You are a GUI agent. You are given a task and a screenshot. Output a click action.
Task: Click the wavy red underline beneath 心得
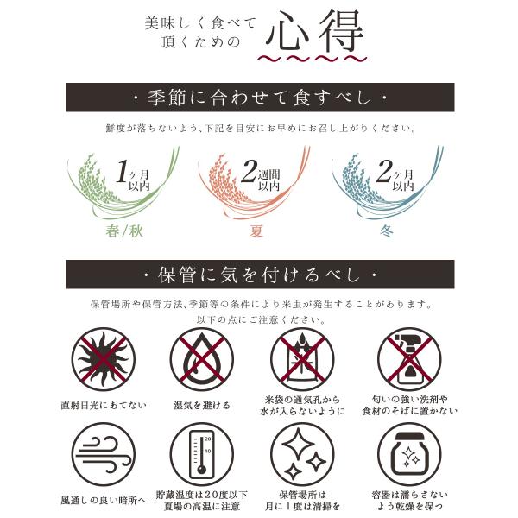(313, 59)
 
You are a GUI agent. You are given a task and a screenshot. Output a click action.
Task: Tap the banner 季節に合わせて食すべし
(260, 98)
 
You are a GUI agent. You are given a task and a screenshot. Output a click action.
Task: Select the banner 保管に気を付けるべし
(260, 275)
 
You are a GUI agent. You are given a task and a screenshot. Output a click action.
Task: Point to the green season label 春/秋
(124, 231)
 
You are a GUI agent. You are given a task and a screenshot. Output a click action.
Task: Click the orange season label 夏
(256, 231)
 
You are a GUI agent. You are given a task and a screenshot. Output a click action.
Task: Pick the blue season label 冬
(386, 231)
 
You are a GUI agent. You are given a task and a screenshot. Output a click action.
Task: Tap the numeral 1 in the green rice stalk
(122, 171)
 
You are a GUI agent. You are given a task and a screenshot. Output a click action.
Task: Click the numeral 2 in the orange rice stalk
(249, 171)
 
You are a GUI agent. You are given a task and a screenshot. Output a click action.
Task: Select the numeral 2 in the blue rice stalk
(384, 171)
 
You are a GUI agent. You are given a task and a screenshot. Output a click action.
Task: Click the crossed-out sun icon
(104, 359)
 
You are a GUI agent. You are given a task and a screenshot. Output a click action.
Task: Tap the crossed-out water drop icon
(202, 359)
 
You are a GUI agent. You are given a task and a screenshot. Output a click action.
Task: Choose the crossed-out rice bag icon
(302, 359)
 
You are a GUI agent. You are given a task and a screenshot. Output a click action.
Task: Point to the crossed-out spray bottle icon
(409, 359)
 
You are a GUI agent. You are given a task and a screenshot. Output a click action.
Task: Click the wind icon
(104, 454)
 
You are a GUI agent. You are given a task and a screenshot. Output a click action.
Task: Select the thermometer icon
(202, 454)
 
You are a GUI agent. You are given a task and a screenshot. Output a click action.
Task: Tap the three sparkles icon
(302, 454)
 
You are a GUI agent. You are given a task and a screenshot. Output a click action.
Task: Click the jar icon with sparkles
(409, 454)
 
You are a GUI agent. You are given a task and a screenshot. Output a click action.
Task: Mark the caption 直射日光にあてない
(104, 405)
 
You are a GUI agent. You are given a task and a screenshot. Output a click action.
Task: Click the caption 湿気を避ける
(202, 405)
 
